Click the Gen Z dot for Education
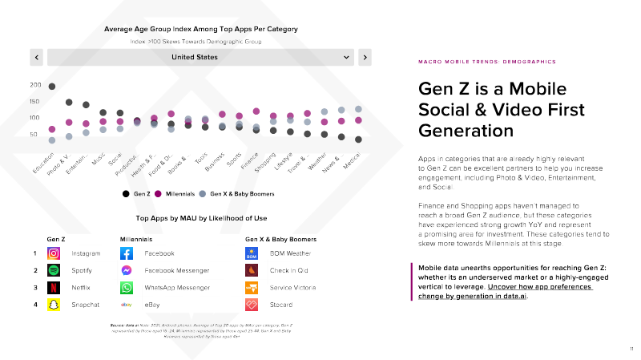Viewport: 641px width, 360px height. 52,87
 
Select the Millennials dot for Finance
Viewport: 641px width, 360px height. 256,111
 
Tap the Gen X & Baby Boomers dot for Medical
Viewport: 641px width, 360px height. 359,109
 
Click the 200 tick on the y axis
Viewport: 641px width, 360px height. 35,85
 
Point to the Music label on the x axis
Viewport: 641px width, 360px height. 98,160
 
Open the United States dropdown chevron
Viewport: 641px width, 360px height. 347,57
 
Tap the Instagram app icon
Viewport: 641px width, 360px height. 54,253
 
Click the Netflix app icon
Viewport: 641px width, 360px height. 54,287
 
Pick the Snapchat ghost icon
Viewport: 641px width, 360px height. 54,304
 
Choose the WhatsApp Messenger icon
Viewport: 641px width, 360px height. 127,287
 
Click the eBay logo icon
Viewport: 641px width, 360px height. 127,304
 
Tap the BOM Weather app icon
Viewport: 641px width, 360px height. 252,253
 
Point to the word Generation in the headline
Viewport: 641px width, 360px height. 466,131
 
